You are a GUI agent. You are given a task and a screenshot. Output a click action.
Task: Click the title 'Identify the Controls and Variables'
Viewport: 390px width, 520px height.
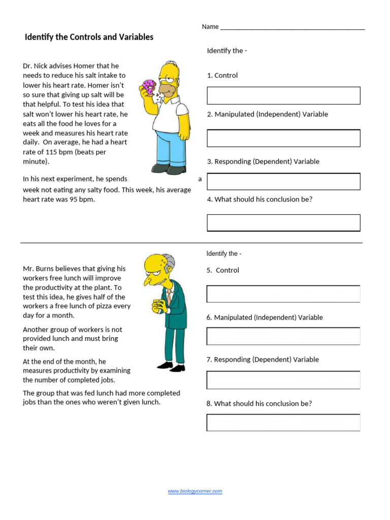click(89, 37)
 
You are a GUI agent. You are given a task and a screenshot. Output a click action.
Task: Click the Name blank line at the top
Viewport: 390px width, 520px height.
click(292, 27)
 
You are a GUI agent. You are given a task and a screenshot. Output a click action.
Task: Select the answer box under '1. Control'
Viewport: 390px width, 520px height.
click(283, 95)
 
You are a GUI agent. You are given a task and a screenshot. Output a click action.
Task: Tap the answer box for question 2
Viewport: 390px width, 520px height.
click(283, 138)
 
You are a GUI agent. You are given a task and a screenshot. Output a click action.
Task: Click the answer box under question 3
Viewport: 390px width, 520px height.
click(283, 181)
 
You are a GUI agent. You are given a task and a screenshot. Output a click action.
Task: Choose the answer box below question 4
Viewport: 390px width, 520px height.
click(283, 223)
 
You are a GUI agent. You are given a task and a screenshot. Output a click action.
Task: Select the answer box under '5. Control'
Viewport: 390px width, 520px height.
click(283, 294)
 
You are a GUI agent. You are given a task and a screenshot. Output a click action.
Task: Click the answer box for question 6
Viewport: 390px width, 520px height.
click(283, 336)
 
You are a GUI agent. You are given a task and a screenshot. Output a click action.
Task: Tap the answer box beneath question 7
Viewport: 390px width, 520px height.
click(283, 380)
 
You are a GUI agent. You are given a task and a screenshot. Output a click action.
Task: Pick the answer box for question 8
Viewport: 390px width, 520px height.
click(283, 422)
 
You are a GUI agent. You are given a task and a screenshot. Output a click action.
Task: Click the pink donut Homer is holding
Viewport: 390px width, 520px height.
click(149, 87)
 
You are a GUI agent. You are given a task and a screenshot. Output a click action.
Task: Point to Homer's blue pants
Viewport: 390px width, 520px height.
click(170, 147)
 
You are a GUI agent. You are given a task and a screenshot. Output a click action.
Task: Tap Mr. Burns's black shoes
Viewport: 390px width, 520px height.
click(171, 367)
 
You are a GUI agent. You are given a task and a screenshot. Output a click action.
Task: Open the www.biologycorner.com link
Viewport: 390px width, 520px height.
click(195, 491)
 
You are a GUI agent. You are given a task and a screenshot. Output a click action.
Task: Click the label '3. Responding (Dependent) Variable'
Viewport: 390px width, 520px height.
click(263, 161)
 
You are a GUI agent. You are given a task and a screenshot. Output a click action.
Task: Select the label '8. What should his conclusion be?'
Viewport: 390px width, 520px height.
click(259, 403)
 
